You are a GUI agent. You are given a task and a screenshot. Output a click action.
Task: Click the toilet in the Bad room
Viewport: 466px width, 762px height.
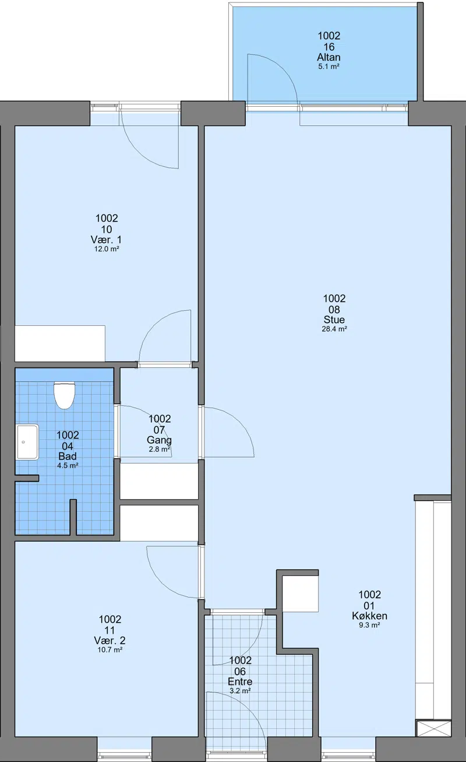click(x=64, y=395)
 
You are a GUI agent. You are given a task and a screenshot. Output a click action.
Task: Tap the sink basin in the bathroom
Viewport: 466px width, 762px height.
click(x=27, y=442)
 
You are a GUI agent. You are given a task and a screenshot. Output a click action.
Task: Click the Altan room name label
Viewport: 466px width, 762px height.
click(x=329, y=57)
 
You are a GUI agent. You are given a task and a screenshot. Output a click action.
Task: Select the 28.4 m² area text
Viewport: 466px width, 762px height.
click(x=334, y=329)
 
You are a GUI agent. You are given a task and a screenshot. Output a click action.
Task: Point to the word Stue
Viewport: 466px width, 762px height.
click(x=334, y=319)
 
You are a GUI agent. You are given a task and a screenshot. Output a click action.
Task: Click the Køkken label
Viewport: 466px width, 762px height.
click(x=369, y=616)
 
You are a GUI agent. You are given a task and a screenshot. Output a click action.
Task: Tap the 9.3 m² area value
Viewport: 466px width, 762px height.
click(x=369, y=625)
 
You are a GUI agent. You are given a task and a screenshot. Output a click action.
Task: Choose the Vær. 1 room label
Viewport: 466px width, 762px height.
click(x=106, y=240)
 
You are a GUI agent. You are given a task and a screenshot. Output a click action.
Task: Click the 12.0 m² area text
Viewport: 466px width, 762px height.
click(x=107, y=249)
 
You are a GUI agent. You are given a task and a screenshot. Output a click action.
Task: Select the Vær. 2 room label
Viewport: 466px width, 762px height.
click(x=110, y=641)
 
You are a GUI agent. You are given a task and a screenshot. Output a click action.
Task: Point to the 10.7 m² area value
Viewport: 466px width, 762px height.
click(x=110, y=649)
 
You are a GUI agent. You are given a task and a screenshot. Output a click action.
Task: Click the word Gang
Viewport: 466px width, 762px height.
click(x=159, y=440)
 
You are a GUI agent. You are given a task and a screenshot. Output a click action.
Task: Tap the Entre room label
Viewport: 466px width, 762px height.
click(x=240, y=682)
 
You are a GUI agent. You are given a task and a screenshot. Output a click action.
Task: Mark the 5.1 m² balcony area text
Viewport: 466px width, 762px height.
click(x=329, y=66)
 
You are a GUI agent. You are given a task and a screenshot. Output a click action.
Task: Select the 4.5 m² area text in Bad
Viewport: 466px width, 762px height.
click(x=68, y=465)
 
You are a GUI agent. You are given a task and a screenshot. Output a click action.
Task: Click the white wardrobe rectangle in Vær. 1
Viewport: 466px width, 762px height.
click(x=60, y=343)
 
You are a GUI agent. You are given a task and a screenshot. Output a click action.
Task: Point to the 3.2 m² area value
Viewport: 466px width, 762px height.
click(x=240, y=691)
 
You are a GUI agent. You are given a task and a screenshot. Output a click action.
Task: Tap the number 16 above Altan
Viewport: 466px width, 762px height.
click(x=329, y=47)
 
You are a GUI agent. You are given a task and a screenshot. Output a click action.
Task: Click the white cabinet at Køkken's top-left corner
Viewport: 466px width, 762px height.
click(x=301, y=594)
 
